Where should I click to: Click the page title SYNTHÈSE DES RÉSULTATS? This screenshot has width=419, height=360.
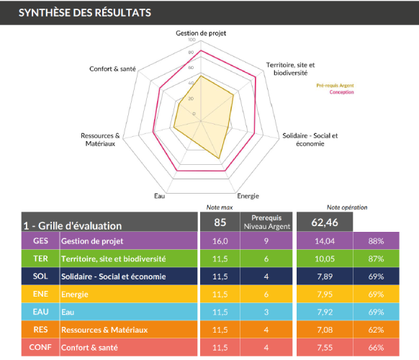point(85,12)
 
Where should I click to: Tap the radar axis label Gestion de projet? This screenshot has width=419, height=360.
point(201,33)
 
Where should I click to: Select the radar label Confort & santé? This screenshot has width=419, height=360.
point(112,69)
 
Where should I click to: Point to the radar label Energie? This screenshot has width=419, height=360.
point(248,196)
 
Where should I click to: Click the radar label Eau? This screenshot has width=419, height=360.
point(159,196)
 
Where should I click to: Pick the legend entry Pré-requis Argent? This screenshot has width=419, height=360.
point(335,86)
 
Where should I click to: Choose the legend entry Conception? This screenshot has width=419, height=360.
point(341,92)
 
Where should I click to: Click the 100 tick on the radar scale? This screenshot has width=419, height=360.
point(190,40)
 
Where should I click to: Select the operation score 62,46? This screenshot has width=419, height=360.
point(323,222)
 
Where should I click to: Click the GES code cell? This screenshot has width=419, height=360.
point(40,241)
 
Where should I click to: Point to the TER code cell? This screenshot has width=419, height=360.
point(40,258)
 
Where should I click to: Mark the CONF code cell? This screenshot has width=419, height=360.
point(40,347)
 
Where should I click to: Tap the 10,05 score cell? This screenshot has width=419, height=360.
point(323,258)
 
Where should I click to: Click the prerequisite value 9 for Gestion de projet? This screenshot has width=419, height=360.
point(266,241)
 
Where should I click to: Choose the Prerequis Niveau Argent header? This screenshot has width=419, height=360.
point(266,222)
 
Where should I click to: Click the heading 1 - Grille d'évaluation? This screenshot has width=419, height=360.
point(72,225)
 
